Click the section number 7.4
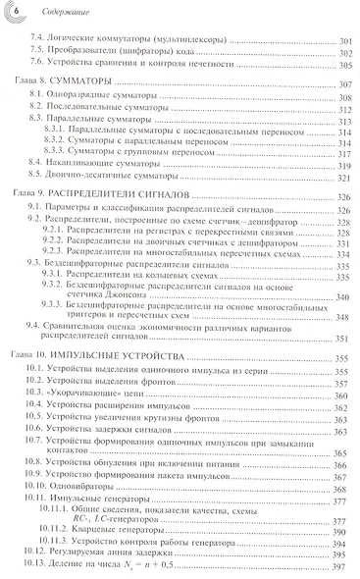(36, 39)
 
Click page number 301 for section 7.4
(344, 39)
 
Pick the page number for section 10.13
(344, 566)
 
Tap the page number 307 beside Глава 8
(344, 85)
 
